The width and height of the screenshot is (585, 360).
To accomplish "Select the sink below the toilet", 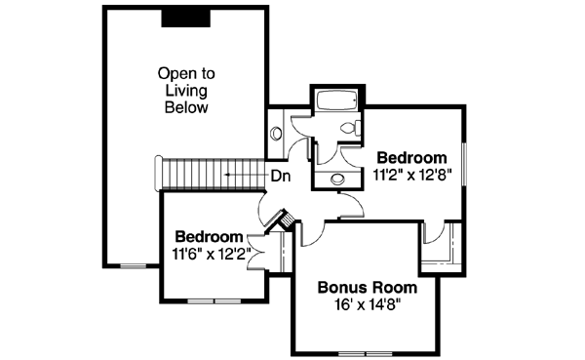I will click(x=337, y=179).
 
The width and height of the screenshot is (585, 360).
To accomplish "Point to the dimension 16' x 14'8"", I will click(x=369, y=304).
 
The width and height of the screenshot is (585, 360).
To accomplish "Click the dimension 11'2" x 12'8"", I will click(x=411, y=175).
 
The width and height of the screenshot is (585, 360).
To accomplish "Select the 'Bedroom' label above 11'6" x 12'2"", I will click(x=208, y=237).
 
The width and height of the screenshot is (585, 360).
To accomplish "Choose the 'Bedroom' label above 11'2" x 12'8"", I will click(x=411, y=157).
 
